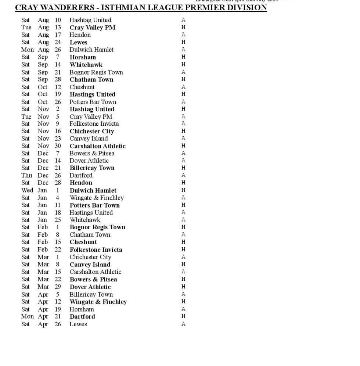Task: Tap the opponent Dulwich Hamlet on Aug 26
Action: point(91,50)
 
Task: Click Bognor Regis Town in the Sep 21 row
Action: point(96,72)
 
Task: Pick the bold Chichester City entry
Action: point(92,131)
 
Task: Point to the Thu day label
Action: point(26,175)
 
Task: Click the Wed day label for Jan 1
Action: point(27,190)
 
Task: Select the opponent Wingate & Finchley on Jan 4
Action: point(97,198)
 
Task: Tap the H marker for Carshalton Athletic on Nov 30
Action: point(183,146)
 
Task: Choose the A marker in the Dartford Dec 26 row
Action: point(183,175)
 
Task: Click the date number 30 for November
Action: point(58,146)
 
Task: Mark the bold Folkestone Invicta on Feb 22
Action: point(96,250)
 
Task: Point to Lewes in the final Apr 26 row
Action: point(78,324)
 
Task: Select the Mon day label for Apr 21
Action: point(27,316)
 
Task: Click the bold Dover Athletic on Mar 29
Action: point(90,287)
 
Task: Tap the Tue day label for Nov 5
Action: point(26,116)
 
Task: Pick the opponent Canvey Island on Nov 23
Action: point(89,139)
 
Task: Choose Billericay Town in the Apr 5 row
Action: point(91,294)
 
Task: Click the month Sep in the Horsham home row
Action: point(43,57)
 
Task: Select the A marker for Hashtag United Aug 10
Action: point(183,20)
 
